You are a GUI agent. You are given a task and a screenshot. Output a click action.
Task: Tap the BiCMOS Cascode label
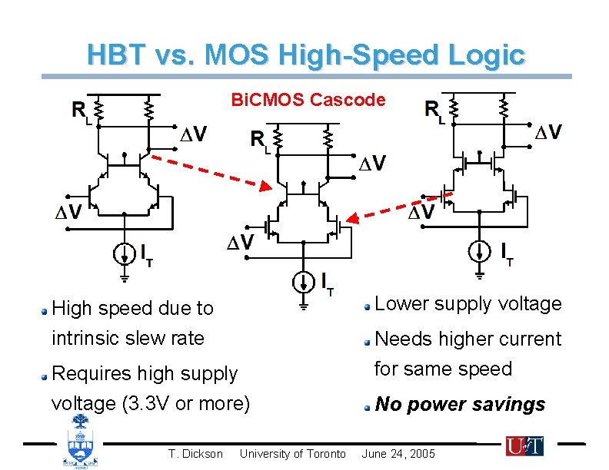(308, 100)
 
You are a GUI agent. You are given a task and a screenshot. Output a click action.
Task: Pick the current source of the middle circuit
(304, 282)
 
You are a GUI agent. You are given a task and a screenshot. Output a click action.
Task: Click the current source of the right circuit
(479, 250)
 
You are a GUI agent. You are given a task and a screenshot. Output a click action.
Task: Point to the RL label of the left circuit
(81, 111)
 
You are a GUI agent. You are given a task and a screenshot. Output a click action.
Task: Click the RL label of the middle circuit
(261, 142)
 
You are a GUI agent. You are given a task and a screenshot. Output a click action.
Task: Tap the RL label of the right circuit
(434, 112)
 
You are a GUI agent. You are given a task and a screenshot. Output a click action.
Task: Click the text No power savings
(460, 405)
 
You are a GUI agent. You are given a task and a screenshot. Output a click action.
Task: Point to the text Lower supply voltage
(468, 304)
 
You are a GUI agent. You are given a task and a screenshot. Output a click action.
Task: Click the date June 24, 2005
(398, 454)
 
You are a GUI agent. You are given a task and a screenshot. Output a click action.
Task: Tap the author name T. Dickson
(195, 454)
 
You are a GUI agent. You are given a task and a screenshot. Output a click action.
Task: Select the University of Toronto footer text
(293, 454)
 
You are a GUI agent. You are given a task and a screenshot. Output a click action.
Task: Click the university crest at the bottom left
(79, 441)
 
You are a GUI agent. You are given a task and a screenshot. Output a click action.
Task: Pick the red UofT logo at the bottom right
(524, 445)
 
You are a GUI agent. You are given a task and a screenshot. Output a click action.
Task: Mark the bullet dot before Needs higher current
(368, 340)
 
